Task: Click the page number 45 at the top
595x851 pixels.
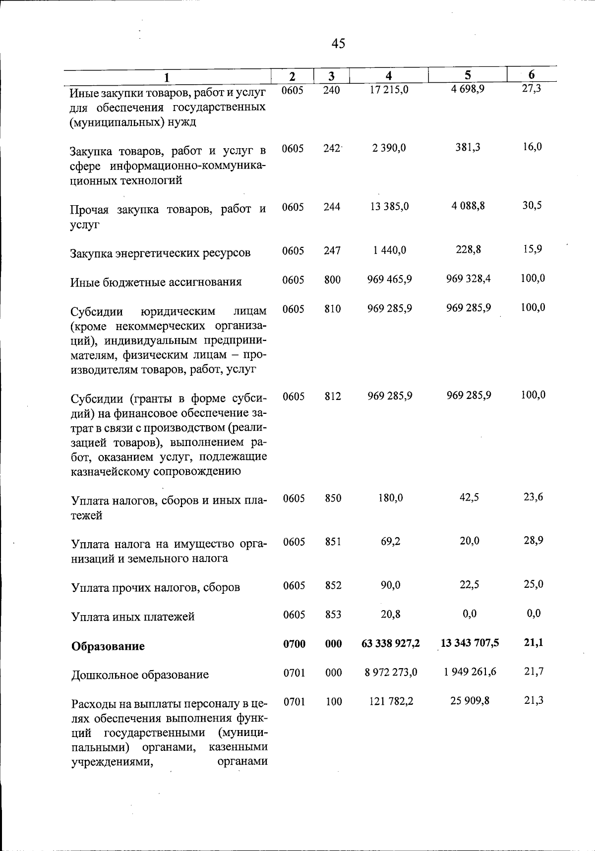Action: pos(338,44)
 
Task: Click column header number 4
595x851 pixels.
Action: pos(389,75)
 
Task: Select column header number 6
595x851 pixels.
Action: pos(532,75)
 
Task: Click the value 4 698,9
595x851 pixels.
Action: pos(468,90)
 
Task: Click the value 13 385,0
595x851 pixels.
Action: pos(389,206)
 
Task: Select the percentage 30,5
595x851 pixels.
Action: pos(532,205)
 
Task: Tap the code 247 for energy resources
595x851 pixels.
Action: pos(332,251)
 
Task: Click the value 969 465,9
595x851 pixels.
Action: pos(389,279)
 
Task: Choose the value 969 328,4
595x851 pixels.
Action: pos(469,279)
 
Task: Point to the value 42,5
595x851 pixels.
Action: pos(469,497)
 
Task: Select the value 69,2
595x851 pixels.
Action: pos(391,541)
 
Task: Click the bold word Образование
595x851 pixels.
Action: pos(108,646)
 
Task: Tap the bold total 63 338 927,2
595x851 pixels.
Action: pos(391,643)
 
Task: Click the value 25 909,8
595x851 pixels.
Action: pos(470,700)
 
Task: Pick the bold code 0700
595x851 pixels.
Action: pos(294,644)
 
